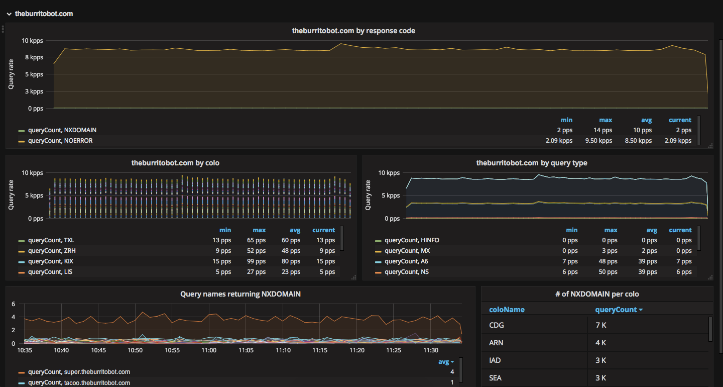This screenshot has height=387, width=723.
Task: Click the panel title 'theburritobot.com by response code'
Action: coord(353,31)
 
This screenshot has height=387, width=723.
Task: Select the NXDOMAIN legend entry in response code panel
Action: coord(62,130)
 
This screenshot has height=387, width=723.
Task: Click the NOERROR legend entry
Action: coord(60,141)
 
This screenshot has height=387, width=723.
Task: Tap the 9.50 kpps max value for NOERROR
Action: coord(599,141)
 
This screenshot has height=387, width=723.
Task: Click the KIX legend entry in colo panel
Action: coord(51,261)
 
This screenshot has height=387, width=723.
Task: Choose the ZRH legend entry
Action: coord(52,251)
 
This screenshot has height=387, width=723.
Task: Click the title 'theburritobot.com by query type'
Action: coord(532,163)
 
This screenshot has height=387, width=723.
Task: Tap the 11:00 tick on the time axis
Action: coord(208,350)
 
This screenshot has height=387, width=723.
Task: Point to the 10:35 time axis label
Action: coord(25,350)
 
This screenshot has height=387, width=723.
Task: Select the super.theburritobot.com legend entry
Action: coord(79,372)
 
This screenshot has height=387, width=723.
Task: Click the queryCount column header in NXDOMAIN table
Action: coord(616,310)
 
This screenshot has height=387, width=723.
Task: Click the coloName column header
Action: coord(507,310)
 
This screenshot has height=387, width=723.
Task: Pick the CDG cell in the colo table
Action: coord(497,325)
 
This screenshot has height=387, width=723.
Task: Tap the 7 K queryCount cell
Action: coord(601,325)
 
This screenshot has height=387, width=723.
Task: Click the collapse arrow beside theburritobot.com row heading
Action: coord(9,14)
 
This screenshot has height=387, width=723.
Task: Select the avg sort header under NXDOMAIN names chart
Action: coord(445,361)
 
